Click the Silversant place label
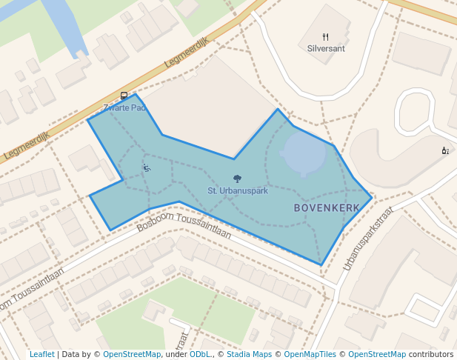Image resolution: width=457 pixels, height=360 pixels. click(x=326, y=48)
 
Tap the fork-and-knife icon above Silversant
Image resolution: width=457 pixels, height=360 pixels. click(x=326, y=36)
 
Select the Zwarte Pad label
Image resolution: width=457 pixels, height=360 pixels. click(x=124, y=107)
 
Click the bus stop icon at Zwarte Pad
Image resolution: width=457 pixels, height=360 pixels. click(x=124, y=96)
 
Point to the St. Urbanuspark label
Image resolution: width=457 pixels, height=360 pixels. click(x=237, y=190)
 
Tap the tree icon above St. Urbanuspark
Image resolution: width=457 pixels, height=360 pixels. click(x=237, y=179)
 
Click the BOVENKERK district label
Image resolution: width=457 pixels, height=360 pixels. click(x=327, y=208)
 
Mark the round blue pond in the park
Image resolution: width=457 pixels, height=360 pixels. click(x=304, y=154)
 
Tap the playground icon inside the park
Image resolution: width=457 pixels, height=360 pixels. click(x=147, y=168)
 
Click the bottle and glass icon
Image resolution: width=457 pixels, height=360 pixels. click(x=445, y=150)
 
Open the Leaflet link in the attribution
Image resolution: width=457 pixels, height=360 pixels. click(x=41, y=354)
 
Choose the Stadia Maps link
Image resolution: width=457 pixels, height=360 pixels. click(x=247, y=354)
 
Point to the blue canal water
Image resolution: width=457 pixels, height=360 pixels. click(x=67, y=22)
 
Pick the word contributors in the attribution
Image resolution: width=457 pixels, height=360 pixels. click(x=430, y=354)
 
